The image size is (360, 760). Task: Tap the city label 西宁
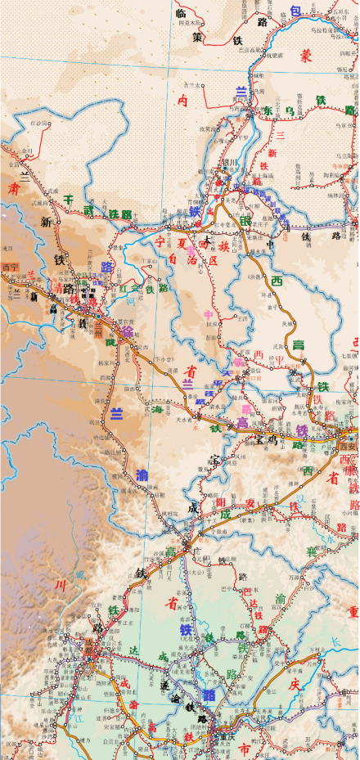coord(11,267)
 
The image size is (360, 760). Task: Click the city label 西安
coord(350,444)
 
